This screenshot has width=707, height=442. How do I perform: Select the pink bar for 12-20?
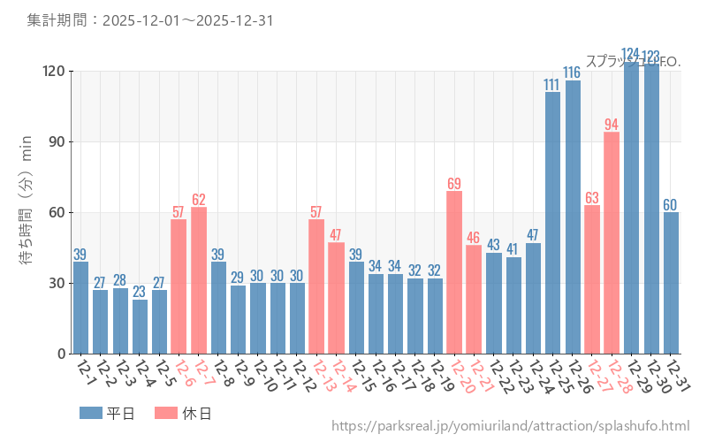click(x=454, y=272)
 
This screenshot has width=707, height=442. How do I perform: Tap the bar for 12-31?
click(x=671, y=283)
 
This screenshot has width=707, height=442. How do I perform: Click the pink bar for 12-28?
click(x=612, y=243)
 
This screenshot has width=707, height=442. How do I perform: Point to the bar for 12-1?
click(x=80, y=308)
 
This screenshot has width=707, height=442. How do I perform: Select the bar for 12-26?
click(x=573, y=217)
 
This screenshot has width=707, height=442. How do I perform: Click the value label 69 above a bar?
click(x=454, y=184)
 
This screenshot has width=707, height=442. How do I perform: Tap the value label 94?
click(x=612, y=125)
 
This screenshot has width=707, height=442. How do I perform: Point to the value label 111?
click(x=552, y=85)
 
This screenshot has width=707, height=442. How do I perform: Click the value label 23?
click(x=140, y=292)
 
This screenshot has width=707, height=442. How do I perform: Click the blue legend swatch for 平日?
click(x=91, y=413)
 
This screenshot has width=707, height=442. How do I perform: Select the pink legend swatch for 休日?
click(x=166, y=413)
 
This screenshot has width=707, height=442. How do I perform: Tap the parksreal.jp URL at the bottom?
click(x=510, y=426)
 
